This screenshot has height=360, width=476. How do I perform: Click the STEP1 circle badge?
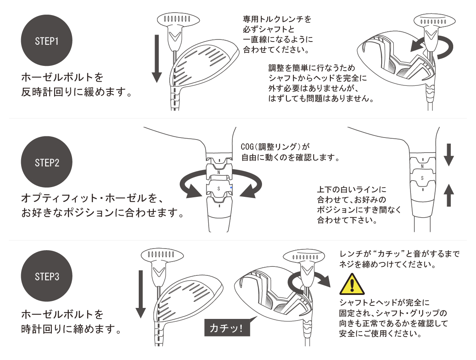[x=46, y=40]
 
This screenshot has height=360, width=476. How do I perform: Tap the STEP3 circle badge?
[x=46, y=276]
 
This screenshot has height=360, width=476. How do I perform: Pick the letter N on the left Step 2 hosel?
[x=219, y=172]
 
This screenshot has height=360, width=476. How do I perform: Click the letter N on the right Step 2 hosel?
[x=422, y=166]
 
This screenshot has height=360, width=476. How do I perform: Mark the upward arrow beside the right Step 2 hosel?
[x=448, y=195]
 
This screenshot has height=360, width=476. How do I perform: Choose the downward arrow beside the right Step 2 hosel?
[x=448, y=155]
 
